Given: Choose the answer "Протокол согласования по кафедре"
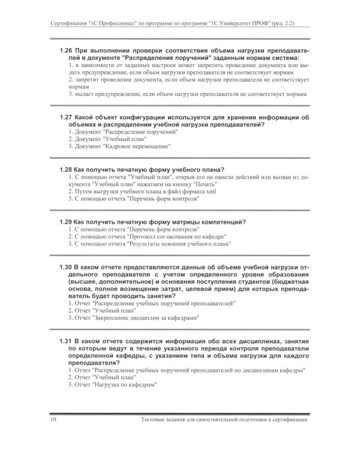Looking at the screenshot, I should pos(147,236).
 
